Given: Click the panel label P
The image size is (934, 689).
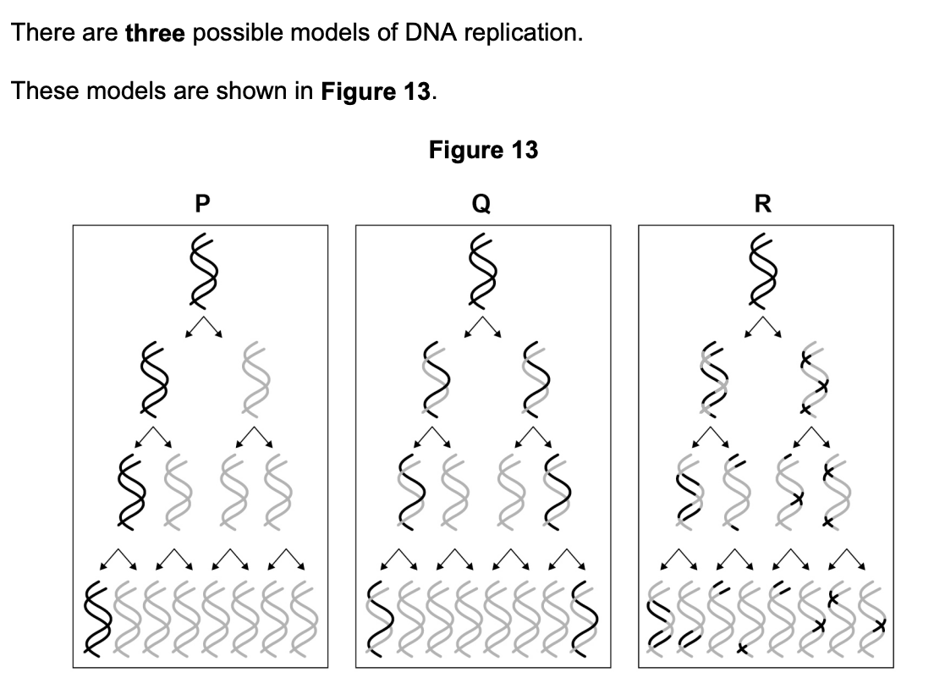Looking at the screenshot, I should point(201,203).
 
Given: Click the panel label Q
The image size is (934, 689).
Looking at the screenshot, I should point(483,203).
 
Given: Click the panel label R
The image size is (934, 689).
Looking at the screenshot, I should point(764,203).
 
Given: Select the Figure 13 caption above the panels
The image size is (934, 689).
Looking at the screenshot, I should point(483,151).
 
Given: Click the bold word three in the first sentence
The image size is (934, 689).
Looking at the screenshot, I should point(156,34).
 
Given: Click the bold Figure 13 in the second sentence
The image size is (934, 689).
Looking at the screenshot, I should point(377,91).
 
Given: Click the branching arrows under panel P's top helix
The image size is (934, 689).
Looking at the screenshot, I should point(201,328).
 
